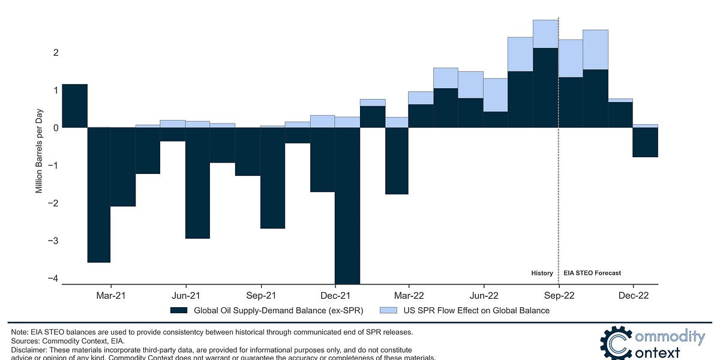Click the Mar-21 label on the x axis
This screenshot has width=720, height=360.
click(x=111, y=295)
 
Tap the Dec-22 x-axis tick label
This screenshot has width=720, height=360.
click(x=633, y=295)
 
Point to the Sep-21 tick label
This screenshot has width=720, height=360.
click(x=261, y=295)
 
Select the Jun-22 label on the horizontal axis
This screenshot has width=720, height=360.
click(x=484, y=295)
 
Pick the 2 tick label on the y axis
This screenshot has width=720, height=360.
click(x=56, y=53)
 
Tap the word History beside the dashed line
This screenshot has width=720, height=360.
click(x=542, y=273)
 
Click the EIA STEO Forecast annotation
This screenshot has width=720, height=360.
click(x=592, y=273)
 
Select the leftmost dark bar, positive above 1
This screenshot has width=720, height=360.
click(x=75, y=106)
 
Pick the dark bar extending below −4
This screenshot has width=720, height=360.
click(x=347, y=204)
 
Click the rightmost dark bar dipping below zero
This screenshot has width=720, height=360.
click(x=646, y=142)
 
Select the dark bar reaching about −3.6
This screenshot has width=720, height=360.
click(x=99, y=195)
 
